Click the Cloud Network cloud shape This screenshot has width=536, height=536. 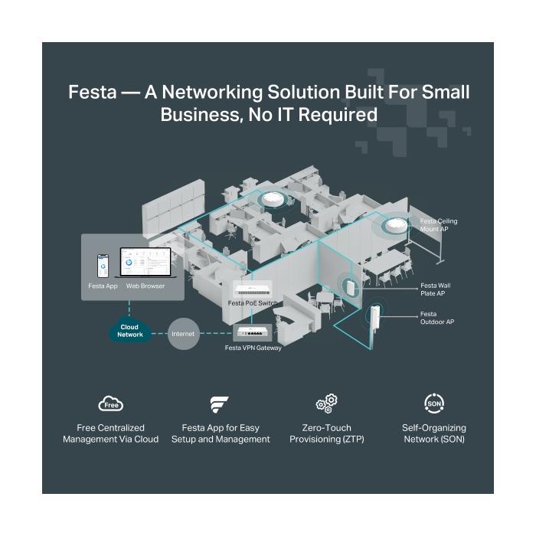[129, 330]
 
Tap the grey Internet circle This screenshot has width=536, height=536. [184, 334]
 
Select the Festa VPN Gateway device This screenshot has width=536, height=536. [253, 332]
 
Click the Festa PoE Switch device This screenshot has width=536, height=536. [253, 289]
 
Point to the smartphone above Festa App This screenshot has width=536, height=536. [103, 266]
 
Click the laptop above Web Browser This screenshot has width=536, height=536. [146, 263]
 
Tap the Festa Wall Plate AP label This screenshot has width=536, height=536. [436, 289]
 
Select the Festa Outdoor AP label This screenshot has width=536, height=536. [437, 318]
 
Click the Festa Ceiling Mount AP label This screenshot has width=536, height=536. [438, 225]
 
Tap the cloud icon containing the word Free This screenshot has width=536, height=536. [111, 404]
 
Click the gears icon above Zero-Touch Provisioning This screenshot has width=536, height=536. [326, 404]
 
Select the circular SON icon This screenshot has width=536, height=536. [434, 404]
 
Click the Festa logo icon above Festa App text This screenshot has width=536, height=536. [219, 405]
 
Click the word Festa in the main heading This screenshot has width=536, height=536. [93, 92]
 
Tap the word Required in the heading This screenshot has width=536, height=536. [338, 115]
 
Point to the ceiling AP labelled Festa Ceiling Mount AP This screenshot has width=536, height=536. [397, 225]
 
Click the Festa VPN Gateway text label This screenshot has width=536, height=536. [253, 348]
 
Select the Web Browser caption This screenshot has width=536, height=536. [145, 286]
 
